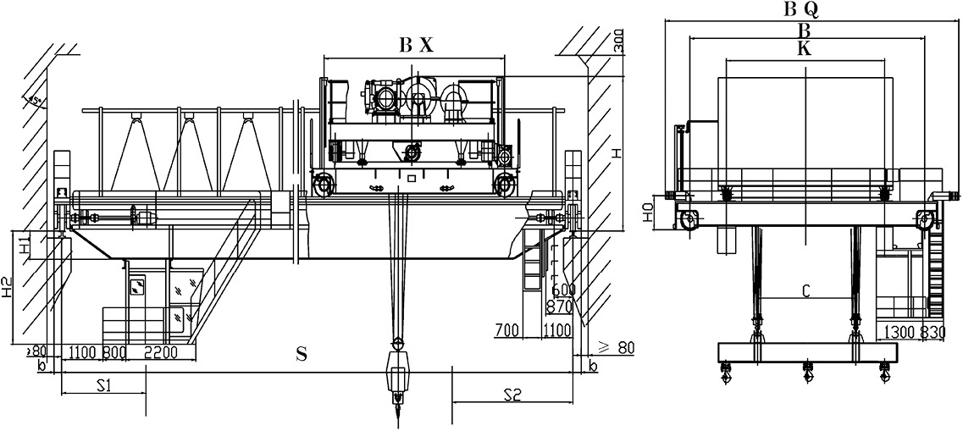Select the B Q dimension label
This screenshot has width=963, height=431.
click(x=800, y=9)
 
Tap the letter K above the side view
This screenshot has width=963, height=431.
click(x=804, y=49)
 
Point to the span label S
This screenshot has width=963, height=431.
click(x=301, y=355)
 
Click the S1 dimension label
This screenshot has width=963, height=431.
click(x=103, y=386)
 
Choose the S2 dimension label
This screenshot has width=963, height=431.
click(x=512, y=394)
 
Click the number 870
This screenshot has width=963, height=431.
click(x=560, y=306)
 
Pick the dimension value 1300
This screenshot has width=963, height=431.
click(x=899, y=331)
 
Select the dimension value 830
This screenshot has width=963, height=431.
click(x=933, y=331)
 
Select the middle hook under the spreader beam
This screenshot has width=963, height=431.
click(x=806, y=371)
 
